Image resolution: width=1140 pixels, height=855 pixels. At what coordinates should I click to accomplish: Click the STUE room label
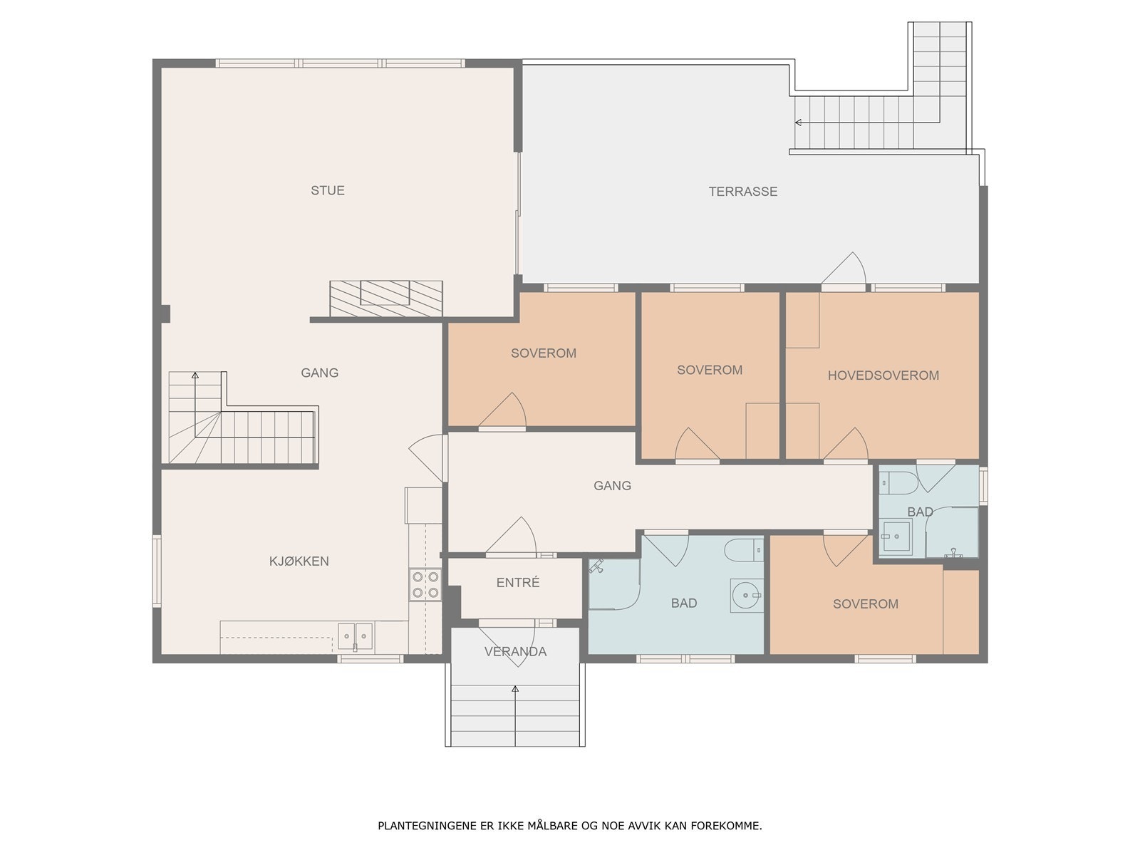(328, 190)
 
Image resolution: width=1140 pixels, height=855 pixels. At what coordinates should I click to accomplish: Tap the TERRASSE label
(742, 192)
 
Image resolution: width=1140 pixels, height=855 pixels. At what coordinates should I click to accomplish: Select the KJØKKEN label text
(299, 561)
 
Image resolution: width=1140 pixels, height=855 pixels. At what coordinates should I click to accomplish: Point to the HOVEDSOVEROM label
(883, 375)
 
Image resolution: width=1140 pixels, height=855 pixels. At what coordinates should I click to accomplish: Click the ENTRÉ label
(518, 582)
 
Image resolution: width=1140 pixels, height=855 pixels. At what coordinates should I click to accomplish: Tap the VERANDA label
(515, 651)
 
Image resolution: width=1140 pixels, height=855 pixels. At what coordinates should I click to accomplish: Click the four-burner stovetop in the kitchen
(425, 584)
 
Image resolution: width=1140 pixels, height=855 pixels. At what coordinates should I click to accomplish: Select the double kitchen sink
(356, 636)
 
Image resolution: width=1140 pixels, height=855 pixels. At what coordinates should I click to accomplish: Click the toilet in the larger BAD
(744, 550)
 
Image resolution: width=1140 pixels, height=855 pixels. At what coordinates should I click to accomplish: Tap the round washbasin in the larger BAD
(747, 596)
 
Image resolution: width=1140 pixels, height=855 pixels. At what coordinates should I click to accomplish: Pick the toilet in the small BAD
(898, 483)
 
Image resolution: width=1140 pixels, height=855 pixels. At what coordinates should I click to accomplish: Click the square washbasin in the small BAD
(896, 537)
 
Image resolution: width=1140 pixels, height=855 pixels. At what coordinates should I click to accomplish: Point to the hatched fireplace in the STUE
(386, 299)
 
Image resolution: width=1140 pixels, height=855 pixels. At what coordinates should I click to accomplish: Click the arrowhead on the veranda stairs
(515, 689)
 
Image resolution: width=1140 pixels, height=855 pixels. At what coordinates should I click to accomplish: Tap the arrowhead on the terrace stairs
(798, 123)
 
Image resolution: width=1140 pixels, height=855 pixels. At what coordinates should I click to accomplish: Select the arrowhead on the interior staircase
(195, 375)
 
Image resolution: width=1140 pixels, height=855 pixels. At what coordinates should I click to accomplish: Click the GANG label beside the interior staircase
(319, 373)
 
